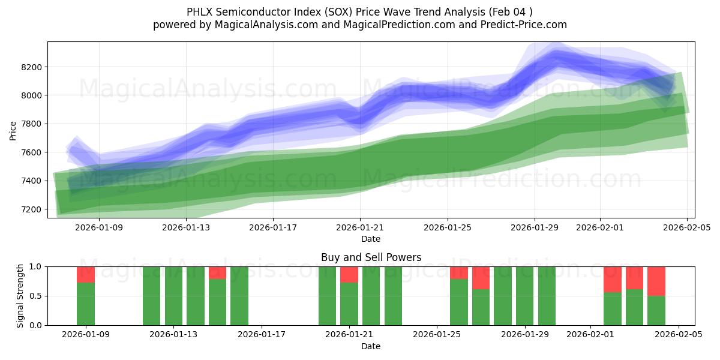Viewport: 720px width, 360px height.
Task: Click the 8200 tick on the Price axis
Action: point(32,67)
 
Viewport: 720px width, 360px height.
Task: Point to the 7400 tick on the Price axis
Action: point(32,181)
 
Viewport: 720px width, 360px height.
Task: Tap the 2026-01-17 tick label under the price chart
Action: point(273,227)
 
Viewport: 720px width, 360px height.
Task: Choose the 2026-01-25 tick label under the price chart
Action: point(447,227)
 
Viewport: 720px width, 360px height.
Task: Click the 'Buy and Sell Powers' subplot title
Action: point(371,257)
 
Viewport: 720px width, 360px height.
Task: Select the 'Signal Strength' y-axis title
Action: point(20,296)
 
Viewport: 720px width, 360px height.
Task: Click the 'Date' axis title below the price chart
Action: point(371,239)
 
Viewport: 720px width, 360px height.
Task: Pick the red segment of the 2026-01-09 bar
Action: point(86,274)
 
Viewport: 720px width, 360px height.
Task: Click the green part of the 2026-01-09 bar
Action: point(86,304)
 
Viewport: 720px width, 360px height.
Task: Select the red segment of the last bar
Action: point(656,281)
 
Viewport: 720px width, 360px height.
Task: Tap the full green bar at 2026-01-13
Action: point(173,296)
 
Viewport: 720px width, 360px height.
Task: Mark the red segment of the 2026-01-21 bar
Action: point(349,274)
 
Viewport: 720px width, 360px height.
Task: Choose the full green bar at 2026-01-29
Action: point(525,296)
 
